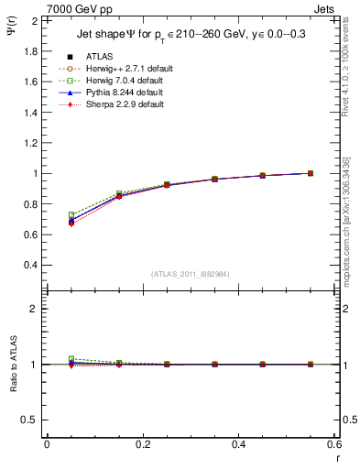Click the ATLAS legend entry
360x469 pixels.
click(x=100, y=57)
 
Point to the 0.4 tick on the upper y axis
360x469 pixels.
click(x=30, y=266)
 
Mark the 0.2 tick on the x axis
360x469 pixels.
click(x=143, y=445)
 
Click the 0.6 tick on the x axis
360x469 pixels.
click(x=335, y=445)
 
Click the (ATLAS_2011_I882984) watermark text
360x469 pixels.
click(x=191, y=274)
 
